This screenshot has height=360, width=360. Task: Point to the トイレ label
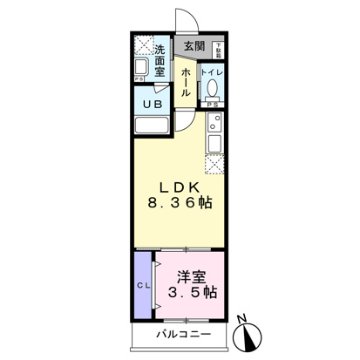coord(213,72)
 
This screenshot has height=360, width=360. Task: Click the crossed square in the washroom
coord(143,44)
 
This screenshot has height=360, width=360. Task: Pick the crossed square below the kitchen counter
coord(214,160)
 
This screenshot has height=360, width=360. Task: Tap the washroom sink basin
coord(141,67)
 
